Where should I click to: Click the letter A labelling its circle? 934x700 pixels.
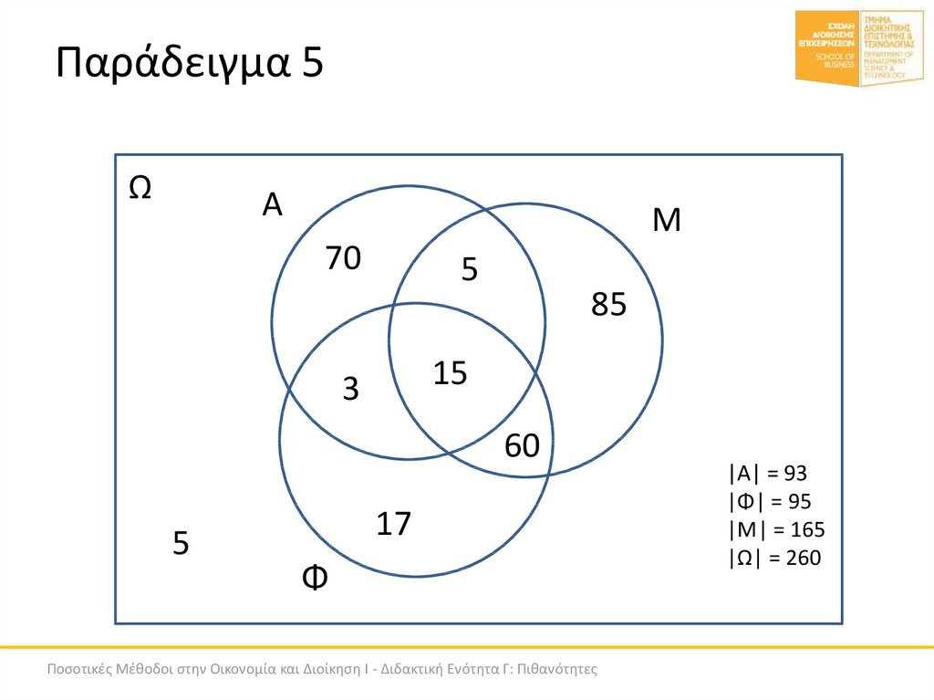click(272, 205)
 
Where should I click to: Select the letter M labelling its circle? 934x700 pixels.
click(667, 221)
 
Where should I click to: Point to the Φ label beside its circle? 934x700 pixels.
click(315, 578)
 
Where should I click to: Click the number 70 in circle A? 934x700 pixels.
click(344, 259)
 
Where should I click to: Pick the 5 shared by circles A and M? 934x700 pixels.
click(470, 269)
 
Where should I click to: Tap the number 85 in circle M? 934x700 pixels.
click(608, 305)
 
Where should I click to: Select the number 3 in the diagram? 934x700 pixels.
click(351, 390)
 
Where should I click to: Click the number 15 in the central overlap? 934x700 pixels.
click(450, 372)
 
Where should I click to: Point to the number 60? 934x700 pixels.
click(523, 445)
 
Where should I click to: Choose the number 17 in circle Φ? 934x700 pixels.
click(394, 524)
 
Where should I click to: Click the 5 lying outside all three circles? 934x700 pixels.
click(181, 544)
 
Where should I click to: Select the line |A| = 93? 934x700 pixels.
click(768, 473)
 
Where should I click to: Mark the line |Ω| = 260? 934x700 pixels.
click(775, 558)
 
